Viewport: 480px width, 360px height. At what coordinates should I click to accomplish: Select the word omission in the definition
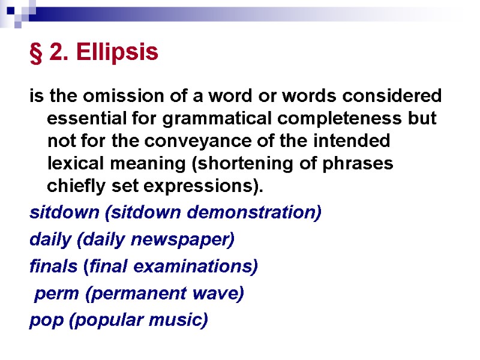click(99, 96)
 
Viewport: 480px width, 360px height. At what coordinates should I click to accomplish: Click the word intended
click(355, 142)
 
